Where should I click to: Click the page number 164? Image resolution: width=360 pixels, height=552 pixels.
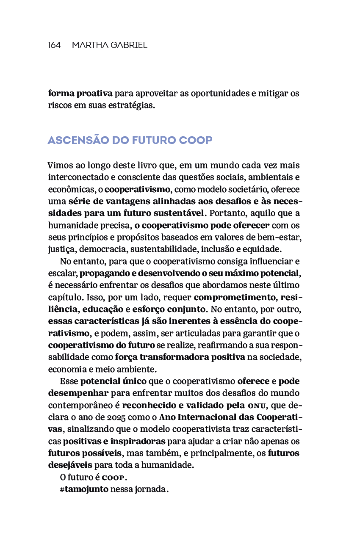[x=54, y=45]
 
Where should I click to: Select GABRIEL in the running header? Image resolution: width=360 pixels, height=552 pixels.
[x=128, y=45]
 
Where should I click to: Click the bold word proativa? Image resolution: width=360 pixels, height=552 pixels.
[x=94, y=93]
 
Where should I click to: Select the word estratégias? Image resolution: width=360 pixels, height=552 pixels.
[x=132, y=105]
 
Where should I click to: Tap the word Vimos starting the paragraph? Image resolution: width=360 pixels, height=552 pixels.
[x=60, y=165]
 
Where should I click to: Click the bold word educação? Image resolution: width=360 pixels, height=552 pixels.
[x=102, y=309]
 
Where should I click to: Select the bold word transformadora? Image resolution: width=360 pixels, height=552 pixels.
[x=171, y=357]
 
